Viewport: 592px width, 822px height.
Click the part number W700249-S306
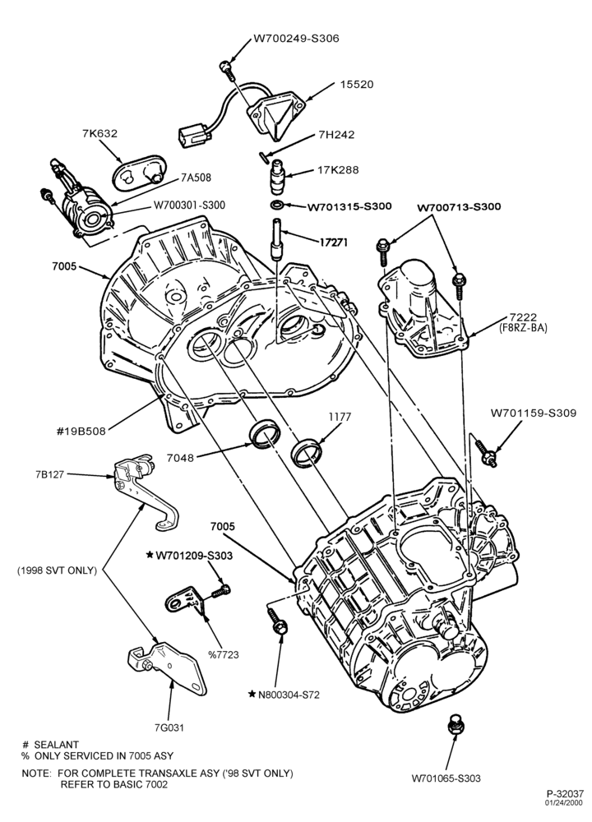click(x=296, y=39)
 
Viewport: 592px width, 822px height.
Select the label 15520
click(x=357, y=84)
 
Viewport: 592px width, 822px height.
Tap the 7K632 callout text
click(x=99, y=133)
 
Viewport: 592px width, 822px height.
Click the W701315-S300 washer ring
click(x=278, y=204)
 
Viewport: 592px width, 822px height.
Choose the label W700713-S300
click(x=459, y=206)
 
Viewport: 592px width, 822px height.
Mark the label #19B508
click(x=81, y=432)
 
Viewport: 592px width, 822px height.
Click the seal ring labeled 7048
click(x=264, y=434)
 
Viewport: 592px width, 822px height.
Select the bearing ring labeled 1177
click(x=308, y=450)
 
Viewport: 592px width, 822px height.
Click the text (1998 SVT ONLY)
click(x=57, y=570)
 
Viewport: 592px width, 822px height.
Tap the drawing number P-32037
click(x=565, y=794)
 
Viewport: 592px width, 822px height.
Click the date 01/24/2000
click(x=564, y=802)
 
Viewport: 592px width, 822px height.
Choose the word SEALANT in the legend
click(x=56, y=745)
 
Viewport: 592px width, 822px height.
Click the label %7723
click(x=223, y=654)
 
